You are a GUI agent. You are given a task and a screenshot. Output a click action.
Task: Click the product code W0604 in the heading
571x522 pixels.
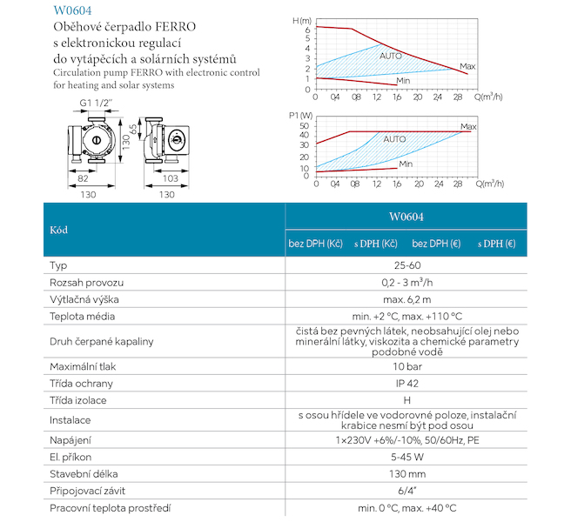pos(73,12)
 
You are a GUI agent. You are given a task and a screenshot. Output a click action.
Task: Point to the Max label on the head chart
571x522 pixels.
pos(467,66)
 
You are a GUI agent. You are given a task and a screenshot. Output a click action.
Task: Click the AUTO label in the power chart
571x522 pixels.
pos(394,139)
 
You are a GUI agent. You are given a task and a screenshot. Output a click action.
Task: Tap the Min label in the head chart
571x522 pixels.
pos(403,81)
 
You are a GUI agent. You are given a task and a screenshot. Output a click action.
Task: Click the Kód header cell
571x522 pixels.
pos(59,231)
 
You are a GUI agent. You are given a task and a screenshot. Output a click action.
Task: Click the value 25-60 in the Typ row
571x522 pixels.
pos(408,265)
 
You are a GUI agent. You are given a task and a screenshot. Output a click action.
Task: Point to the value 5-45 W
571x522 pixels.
pos(408,456)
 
